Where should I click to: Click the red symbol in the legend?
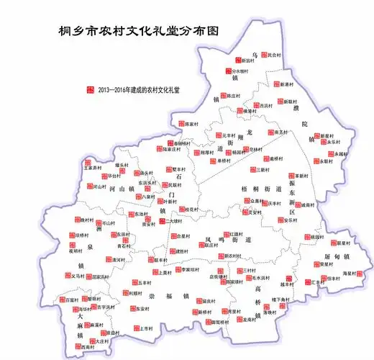click(x=90, y=89)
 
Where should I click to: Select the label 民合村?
click(x=275, y=55)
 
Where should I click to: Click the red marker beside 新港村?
click(x=274, y=84)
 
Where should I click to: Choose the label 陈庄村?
click(x=234, y=95)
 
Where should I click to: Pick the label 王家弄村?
click(x=93, y=168)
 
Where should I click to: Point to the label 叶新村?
click(x=170, y=202)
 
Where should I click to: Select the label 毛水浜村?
click(x=261, y=277)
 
